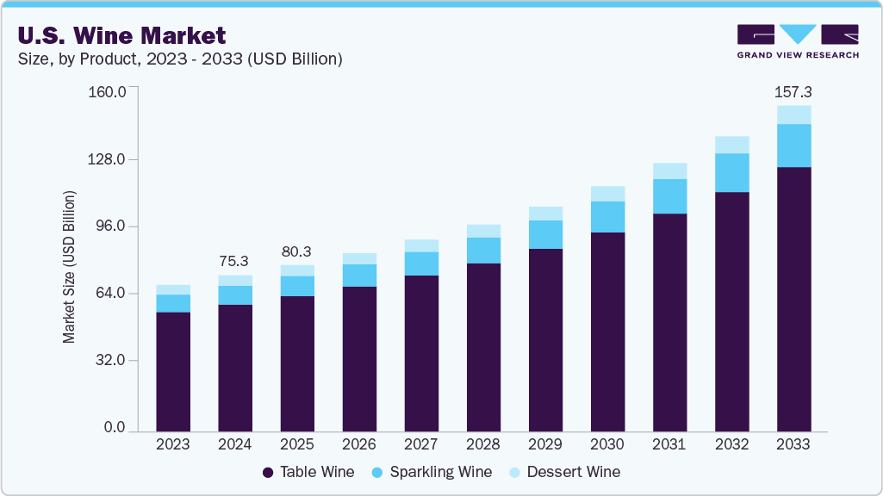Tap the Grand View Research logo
(797, 41)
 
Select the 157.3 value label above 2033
(793, 91)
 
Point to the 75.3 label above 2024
(235, 261)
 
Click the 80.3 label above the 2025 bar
(296, 251)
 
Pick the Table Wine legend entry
(308, 472)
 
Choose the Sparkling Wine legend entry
(432, 472)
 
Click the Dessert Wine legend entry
(564, 472)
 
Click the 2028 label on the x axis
(483, 444)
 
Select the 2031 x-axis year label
(669, 444)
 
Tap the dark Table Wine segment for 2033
(793, 297)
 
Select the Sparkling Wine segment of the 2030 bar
(607, 217)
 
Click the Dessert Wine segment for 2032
(731, 145)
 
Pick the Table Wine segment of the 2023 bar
(173, 370)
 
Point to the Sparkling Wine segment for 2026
(359, 276)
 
